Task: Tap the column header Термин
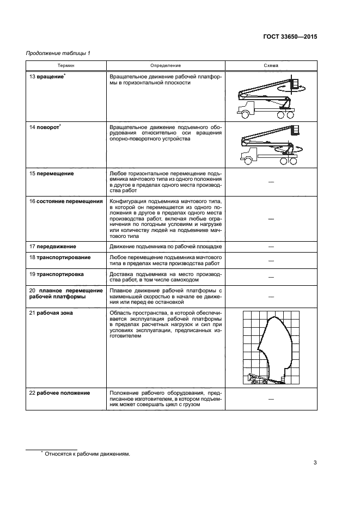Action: (x=67, y=65)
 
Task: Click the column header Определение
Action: (x=166, y=65)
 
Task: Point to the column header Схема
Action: (x=271, y=65)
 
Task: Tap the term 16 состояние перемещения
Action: (x=66, y=201)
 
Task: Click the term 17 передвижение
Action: (x=53, y=247)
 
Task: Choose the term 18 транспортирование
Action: (x=60, y=257)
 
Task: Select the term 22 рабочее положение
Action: (x=60, y=393)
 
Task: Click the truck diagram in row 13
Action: (x=271, y=97)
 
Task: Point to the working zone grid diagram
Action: (x=270, y=348)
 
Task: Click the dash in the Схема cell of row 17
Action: (x=271, y=247)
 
